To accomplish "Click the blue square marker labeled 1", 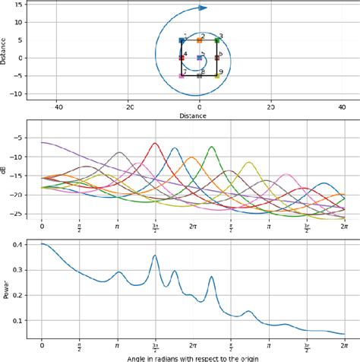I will (x=182, y=40).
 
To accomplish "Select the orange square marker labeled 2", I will (x=200, y=40).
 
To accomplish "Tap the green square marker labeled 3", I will (x=217, y=40).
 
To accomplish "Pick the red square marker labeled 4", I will (x=182, y=58).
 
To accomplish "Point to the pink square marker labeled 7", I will (x=182, y=76).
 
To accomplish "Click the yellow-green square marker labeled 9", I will (x=217, y=76).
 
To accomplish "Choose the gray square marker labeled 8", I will (x=200, y=76).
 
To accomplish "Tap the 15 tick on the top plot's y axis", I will (x=17, y=5).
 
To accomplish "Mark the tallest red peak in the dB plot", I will (x=155, y=143).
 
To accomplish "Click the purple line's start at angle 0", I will (x=42, y=142).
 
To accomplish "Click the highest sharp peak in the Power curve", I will (x=155, y=256).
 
